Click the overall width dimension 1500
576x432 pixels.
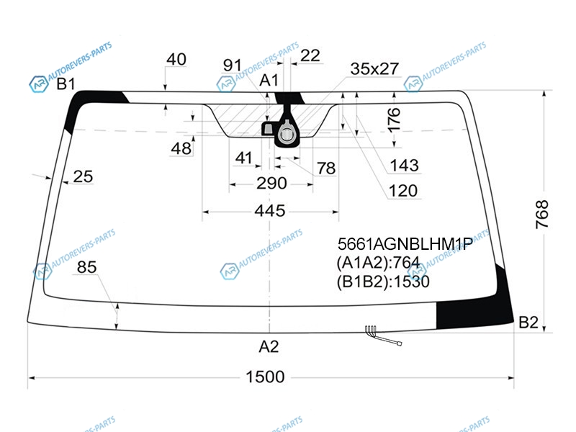[265, 377]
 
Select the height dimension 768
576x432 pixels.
[542, 215]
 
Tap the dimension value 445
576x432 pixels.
[270, 211]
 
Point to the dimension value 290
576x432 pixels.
[271, 183]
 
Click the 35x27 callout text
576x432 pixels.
[374, 68]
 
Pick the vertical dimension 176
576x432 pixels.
[394, 120]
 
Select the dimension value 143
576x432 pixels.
[404, 166]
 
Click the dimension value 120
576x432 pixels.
[403, 191]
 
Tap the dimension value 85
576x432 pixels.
[86, 267]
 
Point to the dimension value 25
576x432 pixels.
[83, 176]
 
